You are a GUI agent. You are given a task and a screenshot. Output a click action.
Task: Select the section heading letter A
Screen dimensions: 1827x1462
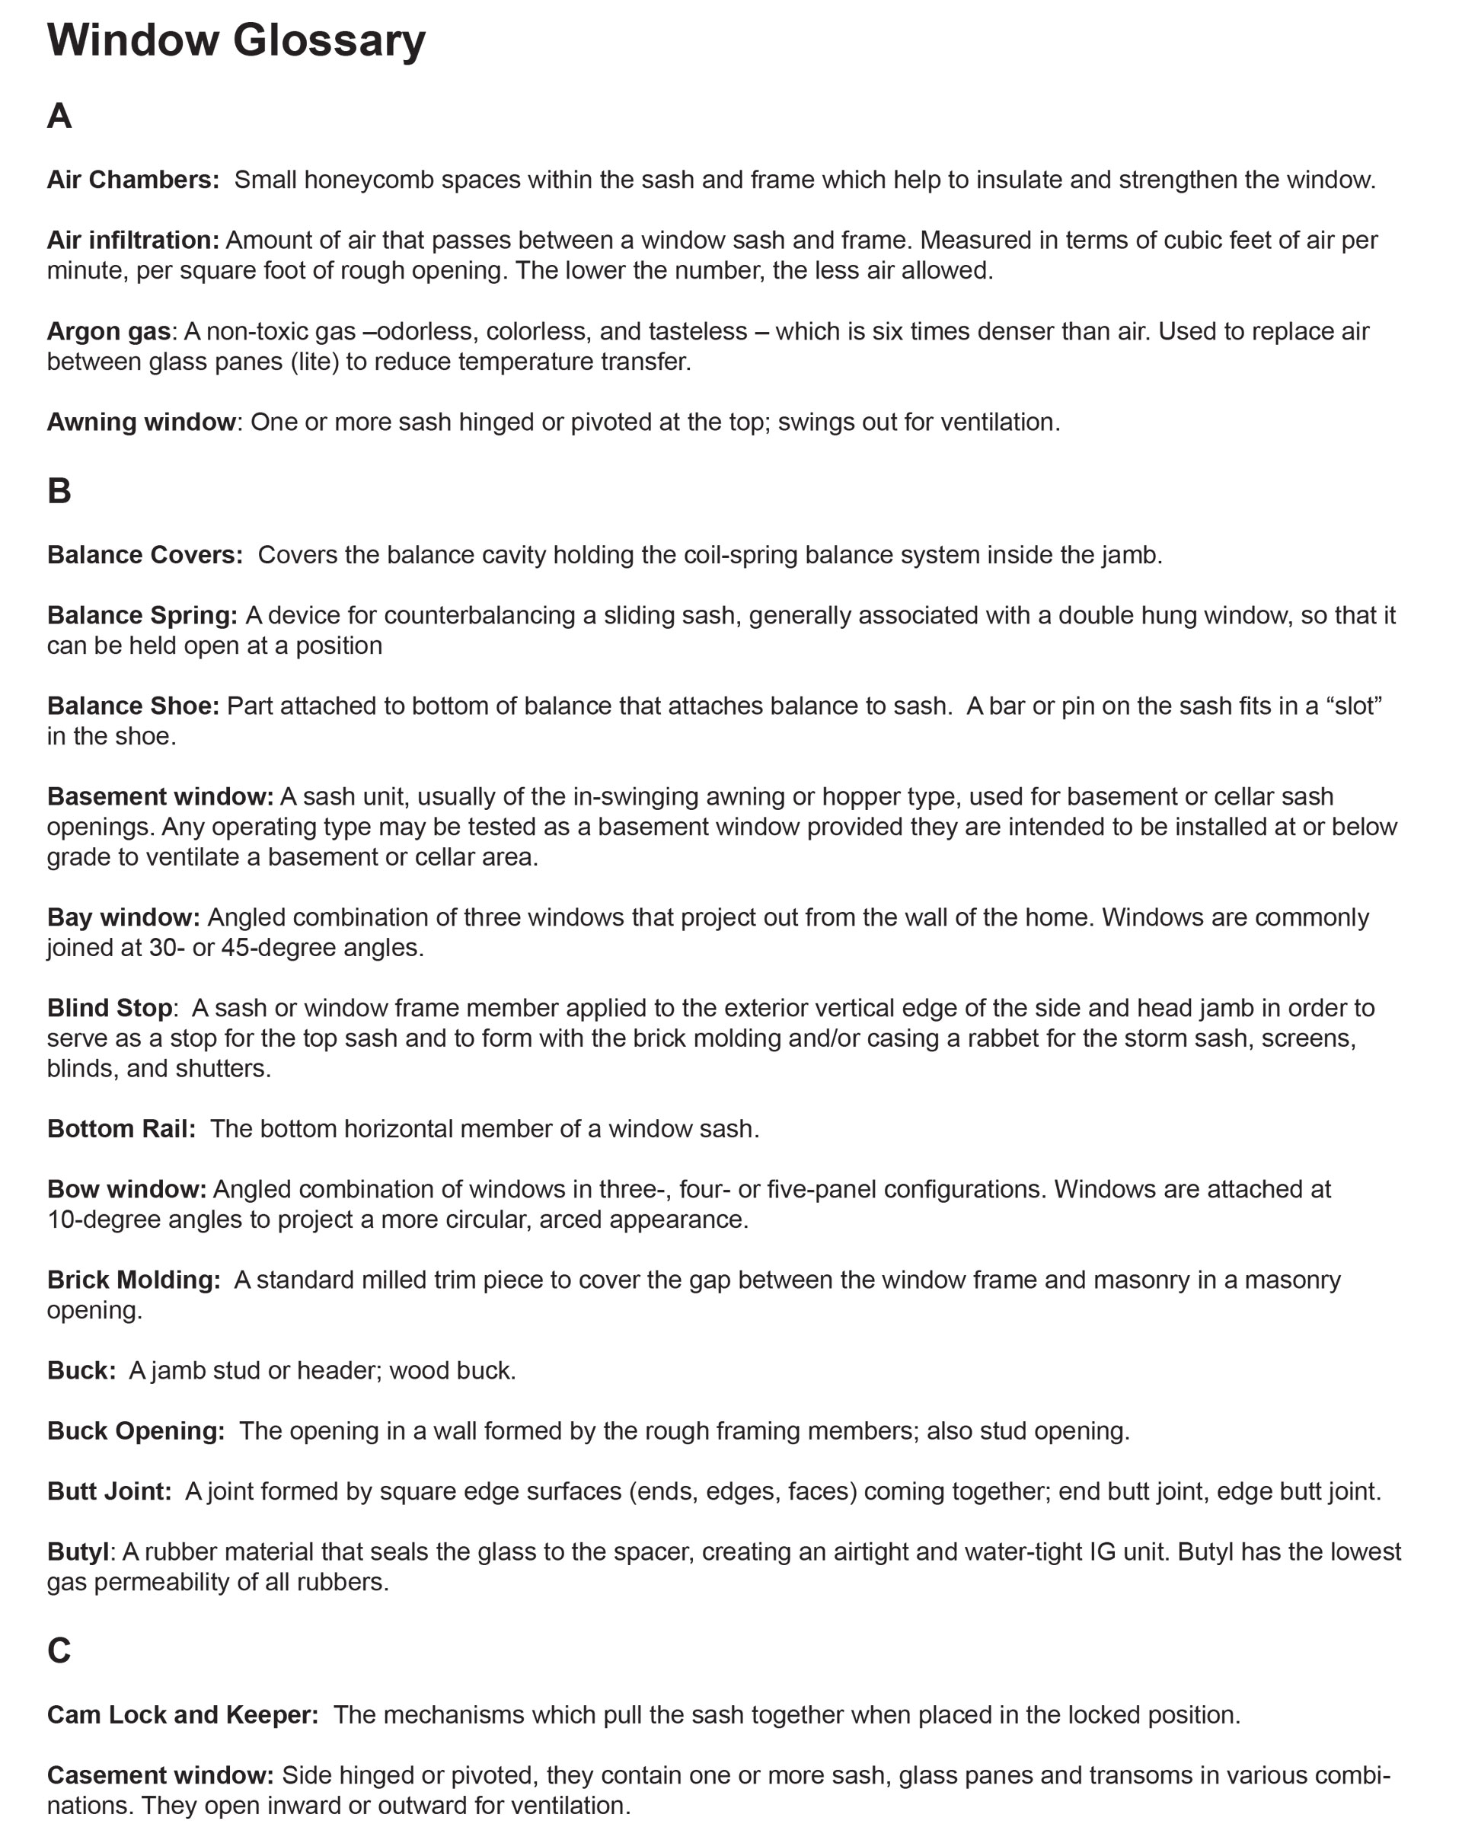click(x=59, y=116)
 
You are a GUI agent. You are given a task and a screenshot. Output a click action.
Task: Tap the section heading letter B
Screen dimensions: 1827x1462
click(x=59, y=492)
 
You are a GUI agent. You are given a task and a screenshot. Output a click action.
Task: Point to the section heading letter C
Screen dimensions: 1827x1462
click(x=59, y=1650)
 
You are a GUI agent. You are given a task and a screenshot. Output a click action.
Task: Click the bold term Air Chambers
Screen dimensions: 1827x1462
click(x=133, y=180)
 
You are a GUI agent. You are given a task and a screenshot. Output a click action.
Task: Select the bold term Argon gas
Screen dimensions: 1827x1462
click(x=108, y=331)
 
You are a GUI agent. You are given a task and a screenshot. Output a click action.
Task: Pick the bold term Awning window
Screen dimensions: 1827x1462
click(x=141, y=422)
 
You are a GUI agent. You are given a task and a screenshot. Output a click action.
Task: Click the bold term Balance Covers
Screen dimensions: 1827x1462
click(x=145, y=555)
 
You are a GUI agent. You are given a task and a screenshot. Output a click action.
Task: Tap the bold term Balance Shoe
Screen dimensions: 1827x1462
click(x=133, y=706)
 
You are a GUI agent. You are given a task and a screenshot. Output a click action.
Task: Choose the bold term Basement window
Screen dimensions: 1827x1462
click(x=160, y=796)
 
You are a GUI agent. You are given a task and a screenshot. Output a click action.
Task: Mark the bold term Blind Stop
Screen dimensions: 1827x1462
click(x=110, y=1008)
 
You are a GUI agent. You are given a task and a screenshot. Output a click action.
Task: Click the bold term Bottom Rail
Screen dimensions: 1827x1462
click(x=121, y=1129)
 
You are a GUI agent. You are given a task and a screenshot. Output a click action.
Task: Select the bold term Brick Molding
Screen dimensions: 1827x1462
click(x=133, y=1280)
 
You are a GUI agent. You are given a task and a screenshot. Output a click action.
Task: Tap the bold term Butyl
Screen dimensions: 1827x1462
click(x=78, y=1551)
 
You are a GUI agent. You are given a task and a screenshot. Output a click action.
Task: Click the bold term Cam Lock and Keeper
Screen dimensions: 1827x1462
click(x=182, y=1714)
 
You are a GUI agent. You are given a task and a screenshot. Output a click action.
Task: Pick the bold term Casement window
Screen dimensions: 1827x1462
click(x=160, y=1775)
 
